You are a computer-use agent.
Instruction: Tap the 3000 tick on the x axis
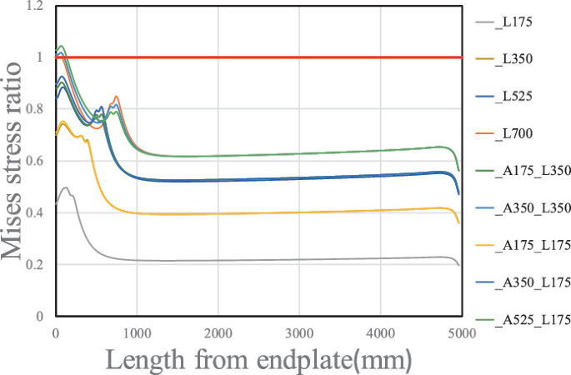(298, 332)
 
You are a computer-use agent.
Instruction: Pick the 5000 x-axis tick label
(461, 332)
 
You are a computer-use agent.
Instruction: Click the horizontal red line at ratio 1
(250, 57)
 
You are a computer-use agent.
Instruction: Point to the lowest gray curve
(250, 261)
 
